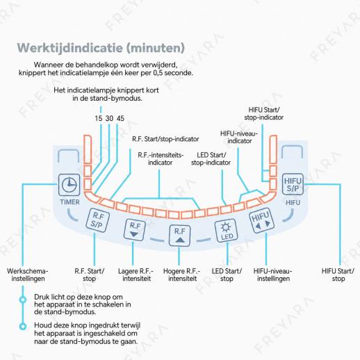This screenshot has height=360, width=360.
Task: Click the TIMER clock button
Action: pyautogui.click(x=69, y=185)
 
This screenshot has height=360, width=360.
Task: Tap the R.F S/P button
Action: pyautogui.click(x=97, y=220)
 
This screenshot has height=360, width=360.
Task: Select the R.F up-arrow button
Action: pyautogui.click(x=179, y=236)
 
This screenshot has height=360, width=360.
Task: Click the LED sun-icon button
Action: pyautogui.click(x=226, y=231)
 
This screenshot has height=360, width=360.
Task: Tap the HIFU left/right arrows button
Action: pyautogui.click(x=261, y=220)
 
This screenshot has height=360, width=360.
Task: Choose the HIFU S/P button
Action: pyautogui.click(x=293, y=184)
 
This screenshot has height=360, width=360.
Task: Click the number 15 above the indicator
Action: pyautogui.click(x=99, y=118)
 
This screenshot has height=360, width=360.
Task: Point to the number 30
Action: pyautogui.click(x=109, y=118)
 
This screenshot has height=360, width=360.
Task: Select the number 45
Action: pyautogui.click(x=120, y=118)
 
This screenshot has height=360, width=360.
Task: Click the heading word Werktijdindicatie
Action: pyautogui.click(x=69, y=48)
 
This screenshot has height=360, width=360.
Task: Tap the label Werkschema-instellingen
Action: pyautogui.click(x=28, y=275)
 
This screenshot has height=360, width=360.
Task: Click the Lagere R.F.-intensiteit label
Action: pyautogui.click(x=136, y=275)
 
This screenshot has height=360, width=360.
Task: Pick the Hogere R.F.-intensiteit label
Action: pyautogui.click(x=182, y=275)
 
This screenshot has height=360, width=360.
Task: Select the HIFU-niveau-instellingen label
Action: pyautogui.click(x=273, y=275)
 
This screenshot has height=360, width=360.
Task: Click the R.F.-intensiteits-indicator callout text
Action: pyautogui.click(x=161, y=158)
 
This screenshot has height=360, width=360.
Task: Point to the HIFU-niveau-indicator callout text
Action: pyautogui.click(x=239, y=137)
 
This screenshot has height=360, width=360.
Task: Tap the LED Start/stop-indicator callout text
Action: pyautogui.click(x=211, y=158)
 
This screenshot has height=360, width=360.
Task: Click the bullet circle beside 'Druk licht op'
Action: pyautogui.click(x=23, y=300)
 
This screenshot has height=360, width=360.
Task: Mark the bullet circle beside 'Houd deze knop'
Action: pyautogui.click(x=23, y=327)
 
